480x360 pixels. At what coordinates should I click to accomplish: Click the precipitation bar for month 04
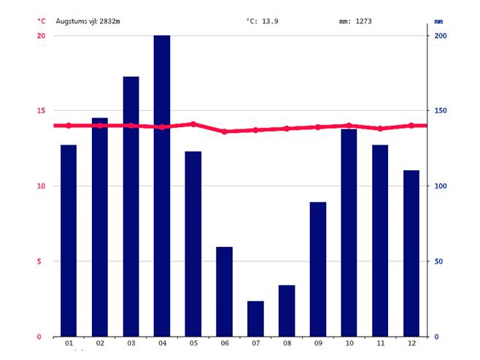click(x=162, y=185)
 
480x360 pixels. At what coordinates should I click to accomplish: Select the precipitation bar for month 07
click(x=255, y=318)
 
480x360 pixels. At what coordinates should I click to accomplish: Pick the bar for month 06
click(x=224, y=291)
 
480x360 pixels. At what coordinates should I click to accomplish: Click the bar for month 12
click(x=411, y=253)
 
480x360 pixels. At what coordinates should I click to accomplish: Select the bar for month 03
click(x=131, y=206)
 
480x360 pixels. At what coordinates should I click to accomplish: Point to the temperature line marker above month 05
click(x=193, y=124)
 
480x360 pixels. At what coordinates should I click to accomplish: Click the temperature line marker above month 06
click(x=224, y=131)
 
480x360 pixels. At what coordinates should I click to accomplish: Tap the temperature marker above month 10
click(x=349, y=126)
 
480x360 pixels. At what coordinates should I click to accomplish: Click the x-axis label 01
click(x=69, y=344)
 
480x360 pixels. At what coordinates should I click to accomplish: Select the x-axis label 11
click(x=380, y=344)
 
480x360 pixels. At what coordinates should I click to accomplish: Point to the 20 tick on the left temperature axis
click(x=41, y=36)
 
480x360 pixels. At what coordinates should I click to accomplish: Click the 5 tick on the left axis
click(x=42, y=261)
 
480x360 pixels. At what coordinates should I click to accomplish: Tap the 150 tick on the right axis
click(x=441, y=111)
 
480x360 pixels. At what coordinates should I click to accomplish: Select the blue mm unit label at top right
click(x=439, y=21)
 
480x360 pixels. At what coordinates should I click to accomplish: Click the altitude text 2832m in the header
click(x=109, y=21)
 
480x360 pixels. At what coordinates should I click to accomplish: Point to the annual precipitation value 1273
click(x=363, y=21)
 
